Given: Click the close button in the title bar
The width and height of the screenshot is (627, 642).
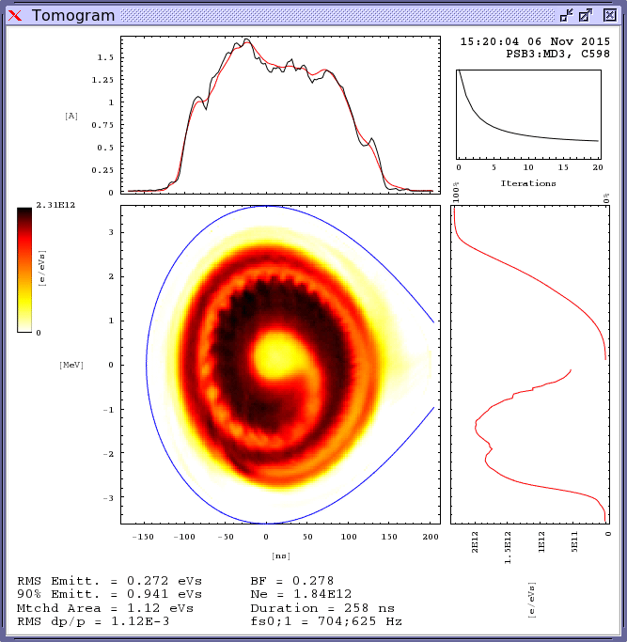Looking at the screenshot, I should click(x=609, y=15).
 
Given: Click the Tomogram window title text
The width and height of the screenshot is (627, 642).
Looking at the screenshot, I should click(x=72, y=15).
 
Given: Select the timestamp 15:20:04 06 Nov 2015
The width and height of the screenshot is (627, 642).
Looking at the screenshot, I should click(x=535, y=42).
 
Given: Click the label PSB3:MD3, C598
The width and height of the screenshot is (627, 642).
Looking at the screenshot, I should click(x=550, y=55).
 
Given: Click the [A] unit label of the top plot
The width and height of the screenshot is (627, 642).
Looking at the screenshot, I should click(x=71, y=116).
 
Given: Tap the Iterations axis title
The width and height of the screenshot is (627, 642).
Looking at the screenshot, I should click(x=528, y=183).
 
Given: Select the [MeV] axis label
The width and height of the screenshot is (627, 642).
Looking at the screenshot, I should click(x=71, y=365).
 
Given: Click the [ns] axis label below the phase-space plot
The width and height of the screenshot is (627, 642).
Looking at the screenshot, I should click(x=281, y=556).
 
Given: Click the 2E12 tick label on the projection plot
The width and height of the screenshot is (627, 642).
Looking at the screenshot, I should click(x=476, y=544).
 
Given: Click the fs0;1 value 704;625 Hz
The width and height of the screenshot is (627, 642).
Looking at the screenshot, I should click(x=358, y=621).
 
